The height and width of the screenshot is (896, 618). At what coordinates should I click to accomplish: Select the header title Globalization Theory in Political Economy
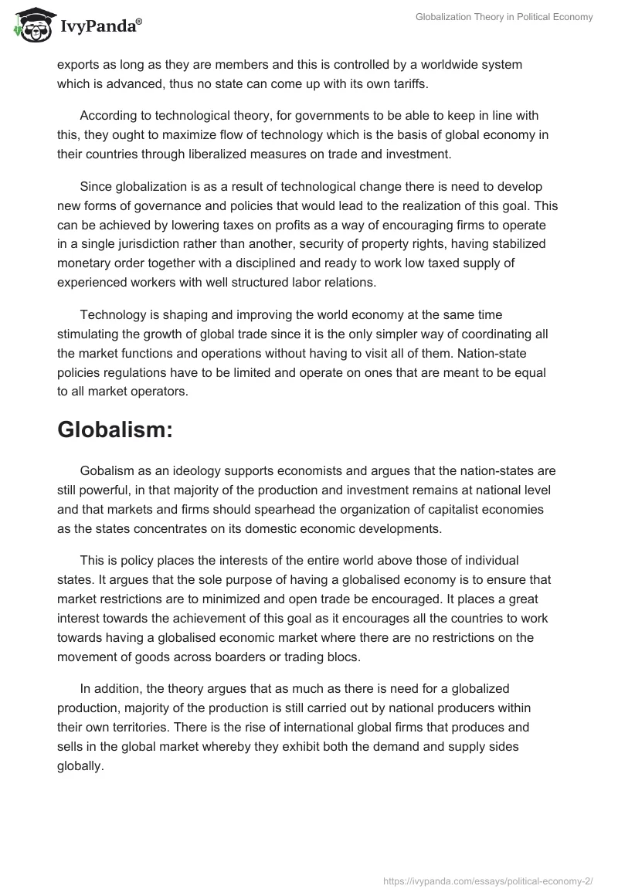pyautogui.click(x=504, y=17)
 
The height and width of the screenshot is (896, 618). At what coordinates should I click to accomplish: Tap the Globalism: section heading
pyautogui.click(x=114, y=431)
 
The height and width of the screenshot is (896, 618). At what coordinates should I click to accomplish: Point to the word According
pyautogui.click(x=107, y=116)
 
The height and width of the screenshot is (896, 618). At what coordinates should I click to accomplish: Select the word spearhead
pyautogui.click(x=250, y=508)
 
